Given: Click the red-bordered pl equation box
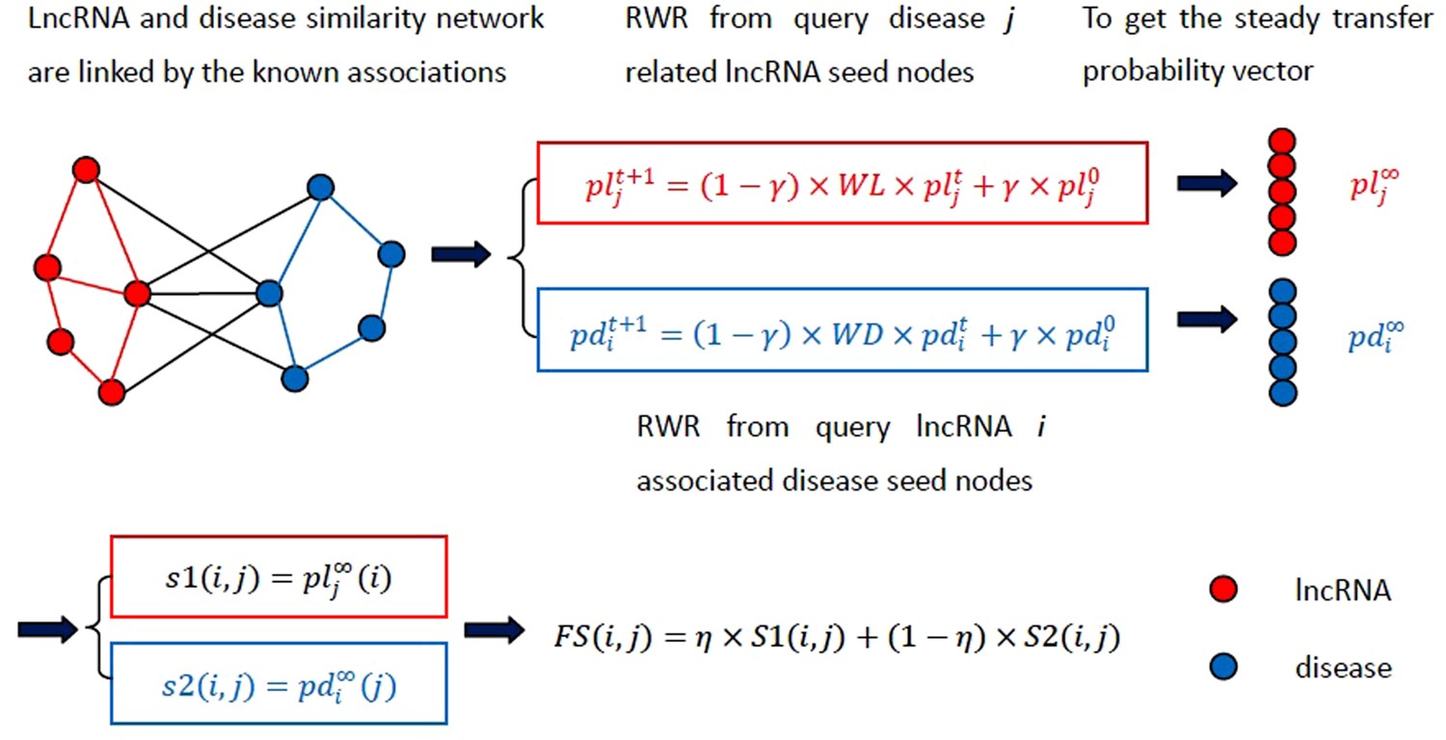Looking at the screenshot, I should [842, 182].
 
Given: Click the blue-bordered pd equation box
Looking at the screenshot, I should [842, 330].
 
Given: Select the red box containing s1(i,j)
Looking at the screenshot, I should [280, 577].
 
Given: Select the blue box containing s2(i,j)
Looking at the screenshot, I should [280, 682].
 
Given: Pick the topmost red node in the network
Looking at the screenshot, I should [87, 170].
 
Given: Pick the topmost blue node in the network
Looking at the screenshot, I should [321, 187].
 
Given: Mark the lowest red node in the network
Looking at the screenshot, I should [112, 391].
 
